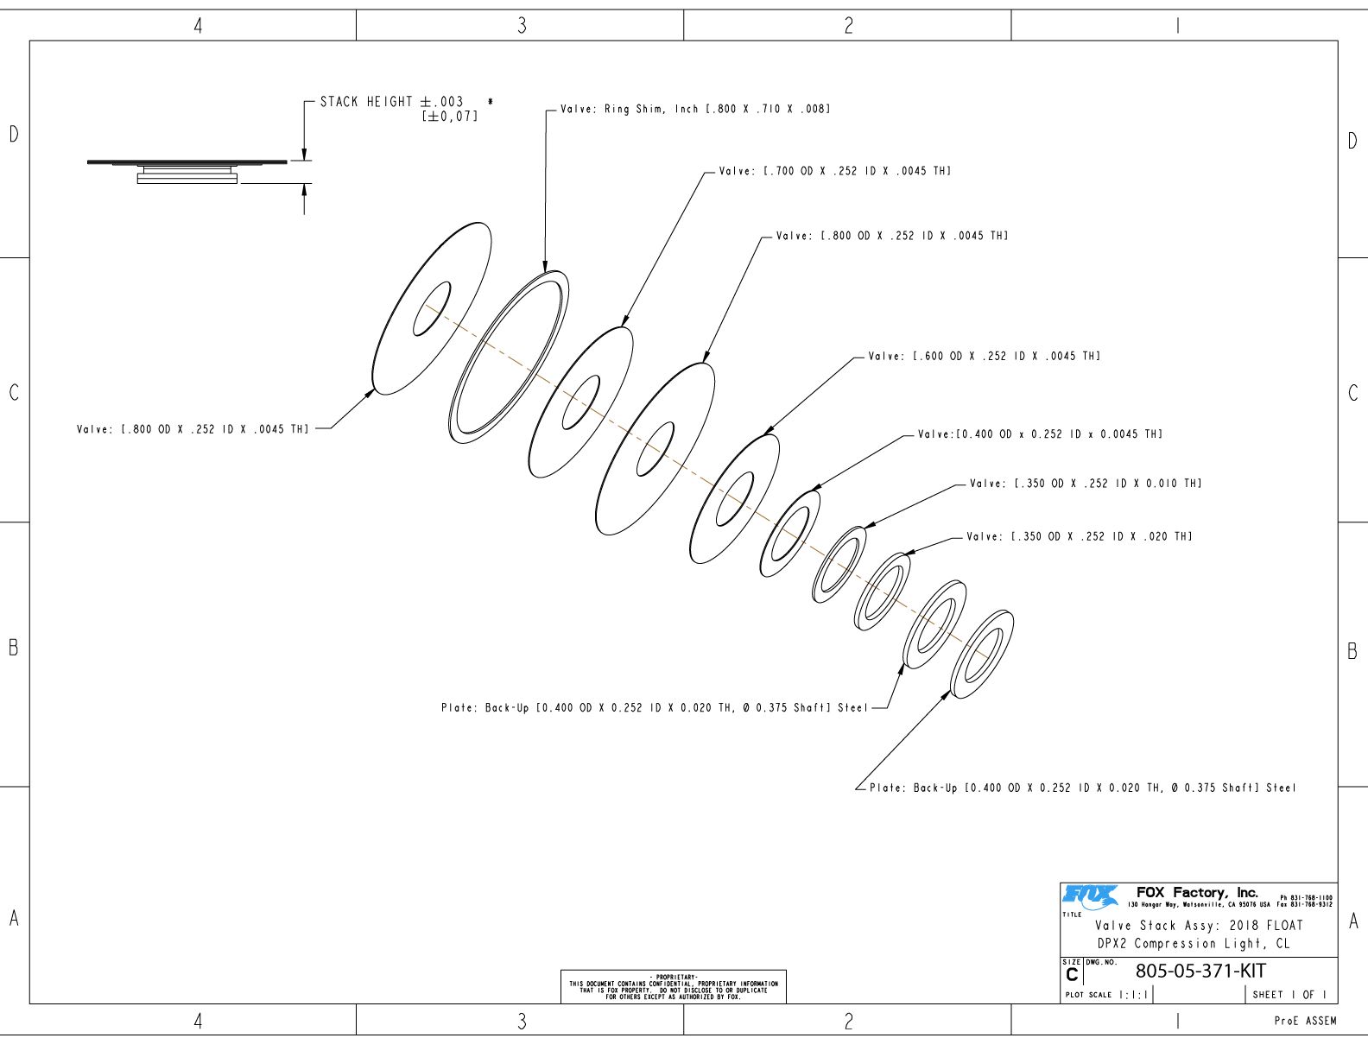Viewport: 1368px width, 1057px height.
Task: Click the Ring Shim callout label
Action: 695,110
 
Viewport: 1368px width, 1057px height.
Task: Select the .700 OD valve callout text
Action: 834,172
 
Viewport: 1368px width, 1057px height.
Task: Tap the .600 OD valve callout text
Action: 984,357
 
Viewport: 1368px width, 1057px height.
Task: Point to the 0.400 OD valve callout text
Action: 1040,434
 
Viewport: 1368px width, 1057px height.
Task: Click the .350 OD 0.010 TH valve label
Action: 1085,484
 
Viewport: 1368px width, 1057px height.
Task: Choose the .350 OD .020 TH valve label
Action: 1079,537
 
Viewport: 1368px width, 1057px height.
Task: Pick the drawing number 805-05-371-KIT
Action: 1200,972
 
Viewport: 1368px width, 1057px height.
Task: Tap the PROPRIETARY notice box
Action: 674,987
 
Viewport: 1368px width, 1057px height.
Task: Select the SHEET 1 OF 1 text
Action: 1290,995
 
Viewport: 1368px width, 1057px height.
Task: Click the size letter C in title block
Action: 1072,975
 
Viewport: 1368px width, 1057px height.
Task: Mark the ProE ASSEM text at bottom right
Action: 1305,1022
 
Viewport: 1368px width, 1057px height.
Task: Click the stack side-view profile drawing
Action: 187,170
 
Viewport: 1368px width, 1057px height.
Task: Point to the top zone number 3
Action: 522,26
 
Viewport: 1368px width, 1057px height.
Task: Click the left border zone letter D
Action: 14,135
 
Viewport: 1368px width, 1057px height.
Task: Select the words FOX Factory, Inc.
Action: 1197,893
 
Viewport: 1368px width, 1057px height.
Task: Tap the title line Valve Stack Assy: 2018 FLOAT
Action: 1199,926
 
